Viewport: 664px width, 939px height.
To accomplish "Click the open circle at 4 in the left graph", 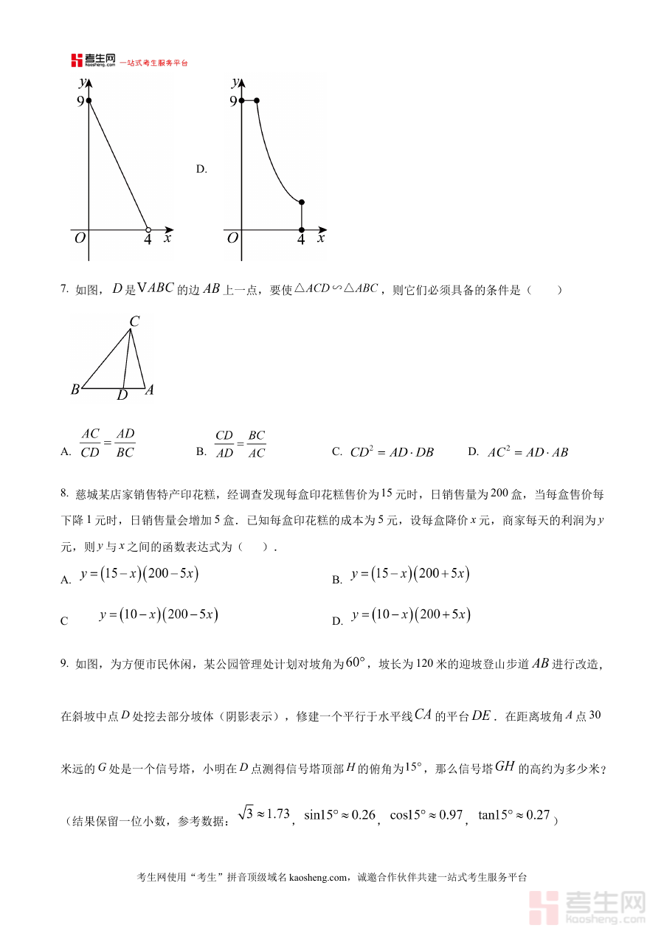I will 148,229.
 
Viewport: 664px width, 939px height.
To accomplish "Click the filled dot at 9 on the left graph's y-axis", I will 89,100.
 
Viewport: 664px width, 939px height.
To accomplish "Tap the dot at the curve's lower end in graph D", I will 301,201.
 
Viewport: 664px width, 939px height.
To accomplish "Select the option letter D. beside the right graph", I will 201,169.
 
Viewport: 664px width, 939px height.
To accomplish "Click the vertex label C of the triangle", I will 134,322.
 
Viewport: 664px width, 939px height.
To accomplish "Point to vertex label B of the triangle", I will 75,389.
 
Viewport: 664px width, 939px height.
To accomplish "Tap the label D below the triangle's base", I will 122,396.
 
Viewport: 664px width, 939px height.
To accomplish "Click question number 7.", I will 64,290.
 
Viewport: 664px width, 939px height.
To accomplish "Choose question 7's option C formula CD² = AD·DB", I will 391,452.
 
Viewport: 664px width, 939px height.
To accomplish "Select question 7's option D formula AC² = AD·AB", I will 528,452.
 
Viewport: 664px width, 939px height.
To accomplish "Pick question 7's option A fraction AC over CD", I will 90,443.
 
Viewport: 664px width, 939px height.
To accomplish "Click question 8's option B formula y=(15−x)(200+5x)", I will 410,574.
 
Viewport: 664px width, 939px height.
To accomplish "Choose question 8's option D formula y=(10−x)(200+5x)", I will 411,615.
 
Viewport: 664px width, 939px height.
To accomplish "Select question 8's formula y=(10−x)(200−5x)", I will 159,614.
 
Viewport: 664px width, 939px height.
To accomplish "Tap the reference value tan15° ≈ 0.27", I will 514,815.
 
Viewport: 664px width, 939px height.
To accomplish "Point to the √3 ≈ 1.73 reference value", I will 263,814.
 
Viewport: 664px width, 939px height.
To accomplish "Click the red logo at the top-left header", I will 77,60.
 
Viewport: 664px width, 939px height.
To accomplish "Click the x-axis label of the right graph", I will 320,238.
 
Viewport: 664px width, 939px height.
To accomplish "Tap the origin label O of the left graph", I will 79,238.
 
